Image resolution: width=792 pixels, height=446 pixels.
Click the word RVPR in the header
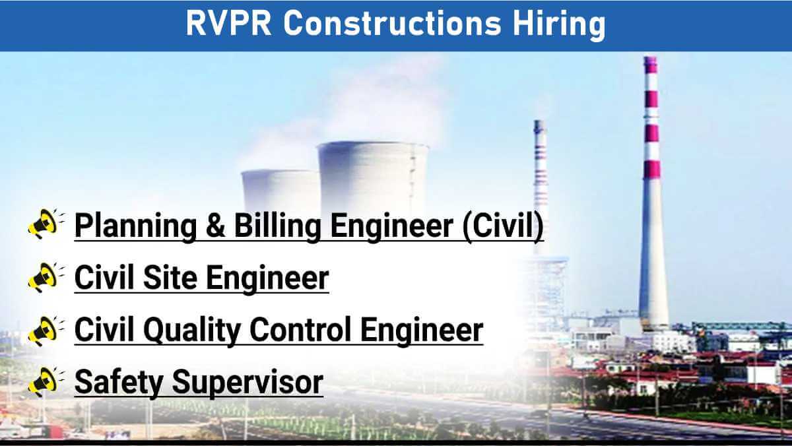pos(228,23)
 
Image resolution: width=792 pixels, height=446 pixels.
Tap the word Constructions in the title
pos(392,23)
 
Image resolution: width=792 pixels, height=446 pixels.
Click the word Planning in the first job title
pos(135,226)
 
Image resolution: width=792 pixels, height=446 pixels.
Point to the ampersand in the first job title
pos(215,225)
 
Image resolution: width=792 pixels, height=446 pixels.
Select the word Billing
pos(277,226)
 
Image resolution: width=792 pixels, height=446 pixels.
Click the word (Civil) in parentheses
pos(503,226)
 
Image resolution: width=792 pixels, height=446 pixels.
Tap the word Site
pos(170,277)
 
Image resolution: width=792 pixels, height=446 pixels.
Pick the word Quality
pos(192,331)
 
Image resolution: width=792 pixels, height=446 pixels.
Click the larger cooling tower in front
pos(373,177)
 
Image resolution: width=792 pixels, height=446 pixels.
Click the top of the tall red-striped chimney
pos(651,59)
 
